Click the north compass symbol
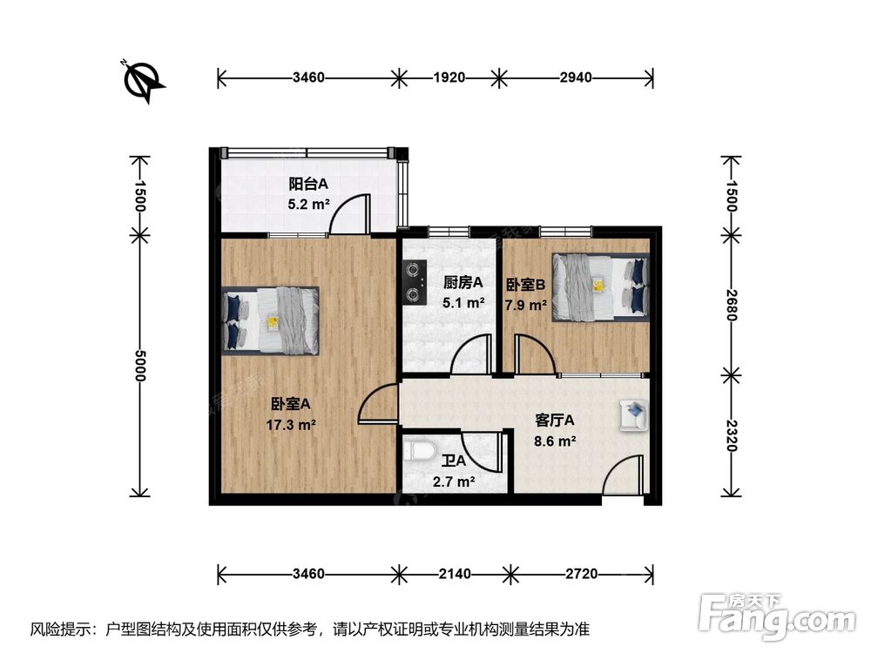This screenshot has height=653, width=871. (x=142, y=81)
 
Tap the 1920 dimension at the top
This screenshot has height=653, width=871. (x=449, y=77)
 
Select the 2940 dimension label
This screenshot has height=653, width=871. (x=576, y=77)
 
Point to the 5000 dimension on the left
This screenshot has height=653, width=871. (x=138, y=366)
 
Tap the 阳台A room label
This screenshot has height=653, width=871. (x=308, y=183)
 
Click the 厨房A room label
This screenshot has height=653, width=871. (x=463, y=283)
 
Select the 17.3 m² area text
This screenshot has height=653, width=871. (x=291, y=426)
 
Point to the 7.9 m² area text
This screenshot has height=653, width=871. (x=526, y=305)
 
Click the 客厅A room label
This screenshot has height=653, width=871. (x=554, y=421)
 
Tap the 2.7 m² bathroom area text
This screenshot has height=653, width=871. (x=454, y=481)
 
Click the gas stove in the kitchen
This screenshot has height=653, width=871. (x=415, y=283)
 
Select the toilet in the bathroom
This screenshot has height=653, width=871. (x=418, y=451)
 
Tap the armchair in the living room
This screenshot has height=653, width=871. (x=634, y=414)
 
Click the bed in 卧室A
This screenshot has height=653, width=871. (x=271, y=320)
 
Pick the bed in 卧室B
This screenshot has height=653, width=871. (x=600, y=287)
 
